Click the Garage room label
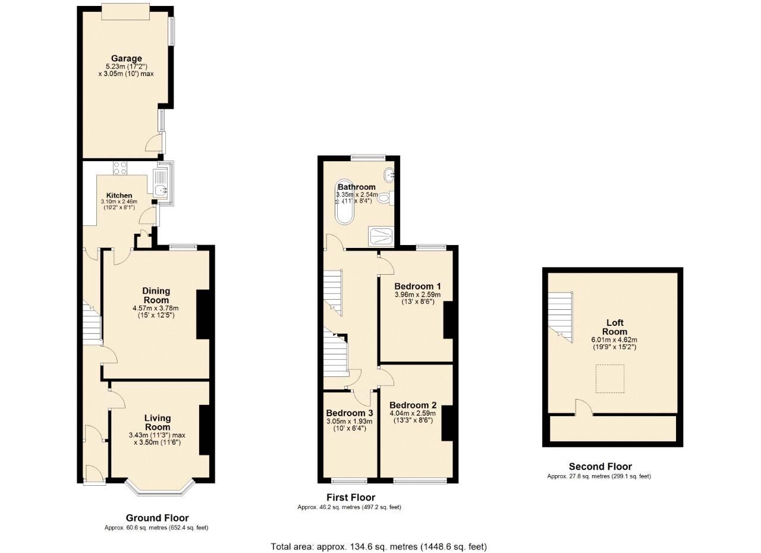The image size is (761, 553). [127, 58]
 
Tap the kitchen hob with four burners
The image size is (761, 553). [120, 168]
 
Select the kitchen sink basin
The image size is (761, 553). [160, 190]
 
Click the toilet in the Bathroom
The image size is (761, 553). [386, 198]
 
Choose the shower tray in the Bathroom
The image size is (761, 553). [381, 237]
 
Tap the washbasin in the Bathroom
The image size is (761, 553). [389, 175]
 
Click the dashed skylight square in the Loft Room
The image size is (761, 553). [610, 379]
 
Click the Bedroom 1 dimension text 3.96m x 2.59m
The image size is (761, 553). [417, 294]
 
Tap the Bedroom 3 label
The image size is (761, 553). [350, 413]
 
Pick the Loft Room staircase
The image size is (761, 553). [561, 317]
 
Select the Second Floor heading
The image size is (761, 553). [600, 466]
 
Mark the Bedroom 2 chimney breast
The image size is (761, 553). [448, 423]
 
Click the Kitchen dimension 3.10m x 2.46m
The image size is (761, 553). [120, 202]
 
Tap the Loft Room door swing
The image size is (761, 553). [584, 408]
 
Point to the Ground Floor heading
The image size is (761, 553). [158, 518]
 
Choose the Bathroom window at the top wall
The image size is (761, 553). [368, 157]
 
